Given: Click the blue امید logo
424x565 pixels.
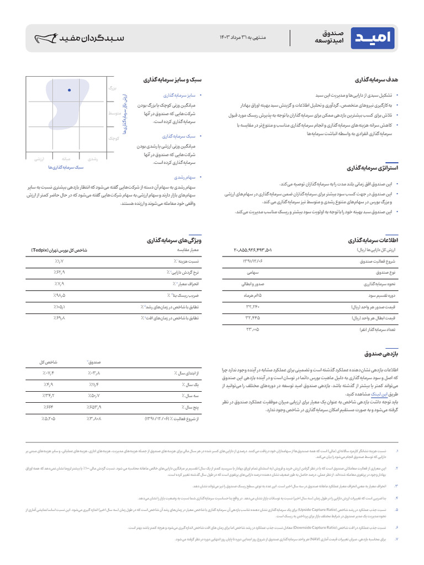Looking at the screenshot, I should (375, 38).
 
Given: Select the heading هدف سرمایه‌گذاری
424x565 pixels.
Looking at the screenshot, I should (377, 80).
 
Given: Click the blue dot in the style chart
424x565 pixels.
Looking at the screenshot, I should (69, 90).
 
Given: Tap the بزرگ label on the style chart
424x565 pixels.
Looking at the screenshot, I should (113, 88).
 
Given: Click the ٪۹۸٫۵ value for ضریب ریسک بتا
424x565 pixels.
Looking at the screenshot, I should (60, 295).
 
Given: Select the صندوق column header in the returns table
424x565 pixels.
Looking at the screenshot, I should (93, 362).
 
